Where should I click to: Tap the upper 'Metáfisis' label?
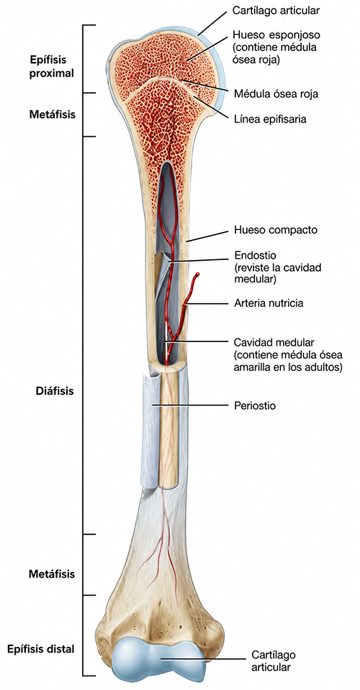(53, 115)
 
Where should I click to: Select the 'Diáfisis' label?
(55, 391)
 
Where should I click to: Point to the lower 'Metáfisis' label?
(53, 574)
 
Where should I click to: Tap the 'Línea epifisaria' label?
(270, 119)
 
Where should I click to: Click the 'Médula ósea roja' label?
(276, 94)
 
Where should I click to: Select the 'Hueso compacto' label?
(276, 230)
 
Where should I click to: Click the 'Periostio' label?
(256, 406)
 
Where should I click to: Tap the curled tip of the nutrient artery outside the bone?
(198, 274)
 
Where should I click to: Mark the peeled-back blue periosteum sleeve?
(149, 431)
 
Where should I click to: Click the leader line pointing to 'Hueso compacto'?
(208, 236)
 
